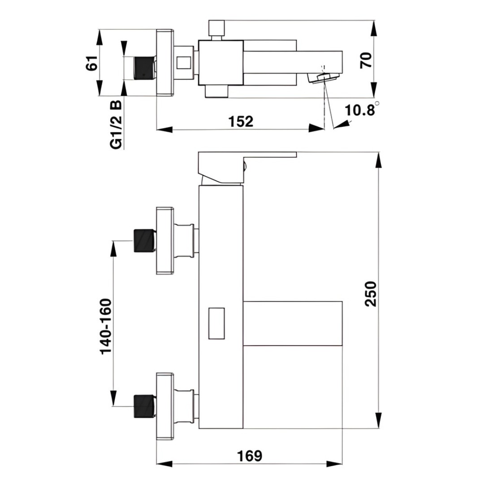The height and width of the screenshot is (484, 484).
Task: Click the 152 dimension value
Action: click(x=241, y=121)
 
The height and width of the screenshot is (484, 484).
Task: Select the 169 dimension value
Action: click(x=250, y=456)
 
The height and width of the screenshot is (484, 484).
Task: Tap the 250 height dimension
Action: click(x=371, y=294)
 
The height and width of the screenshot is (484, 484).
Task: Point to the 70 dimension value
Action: click(x=366, y=60)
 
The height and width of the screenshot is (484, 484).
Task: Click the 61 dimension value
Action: click(x=92, y=64)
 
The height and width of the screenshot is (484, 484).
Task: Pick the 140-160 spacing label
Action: click(x=106, y=326)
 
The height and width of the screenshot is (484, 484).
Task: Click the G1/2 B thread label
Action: click(x=116, y=125)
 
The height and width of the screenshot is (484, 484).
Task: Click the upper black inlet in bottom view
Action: click(x=144, y=241)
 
